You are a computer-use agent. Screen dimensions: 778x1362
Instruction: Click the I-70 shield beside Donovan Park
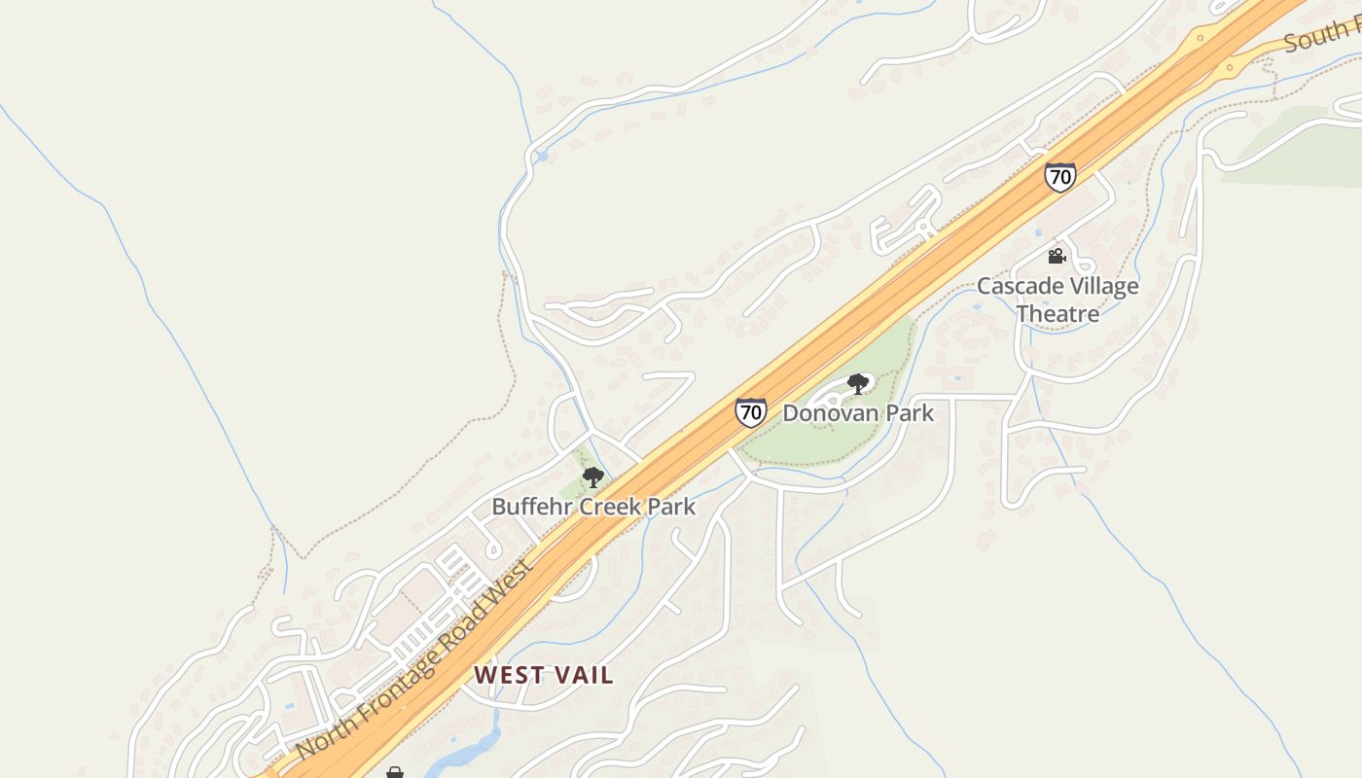point(750,412)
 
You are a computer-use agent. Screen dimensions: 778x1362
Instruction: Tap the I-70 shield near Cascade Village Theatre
point(1060,177)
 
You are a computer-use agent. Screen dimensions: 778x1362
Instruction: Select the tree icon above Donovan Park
point(857,384)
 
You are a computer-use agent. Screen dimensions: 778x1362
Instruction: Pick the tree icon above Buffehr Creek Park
point(592,477)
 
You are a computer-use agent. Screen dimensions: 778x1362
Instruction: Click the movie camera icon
point(1057,257)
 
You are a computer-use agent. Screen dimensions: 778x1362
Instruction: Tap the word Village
point(1102,287)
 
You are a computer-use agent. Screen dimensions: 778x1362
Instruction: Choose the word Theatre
point(1057,314)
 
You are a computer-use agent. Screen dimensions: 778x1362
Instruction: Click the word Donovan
point(826,413)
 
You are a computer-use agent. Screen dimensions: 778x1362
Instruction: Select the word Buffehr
point(533,507)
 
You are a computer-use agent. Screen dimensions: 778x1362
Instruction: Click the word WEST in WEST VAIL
point(507,675)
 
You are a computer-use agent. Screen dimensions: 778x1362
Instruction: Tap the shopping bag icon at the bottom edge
point(394,773)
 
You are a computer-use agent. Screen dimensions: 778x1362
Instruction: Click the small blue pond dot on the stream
point(542,156)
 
